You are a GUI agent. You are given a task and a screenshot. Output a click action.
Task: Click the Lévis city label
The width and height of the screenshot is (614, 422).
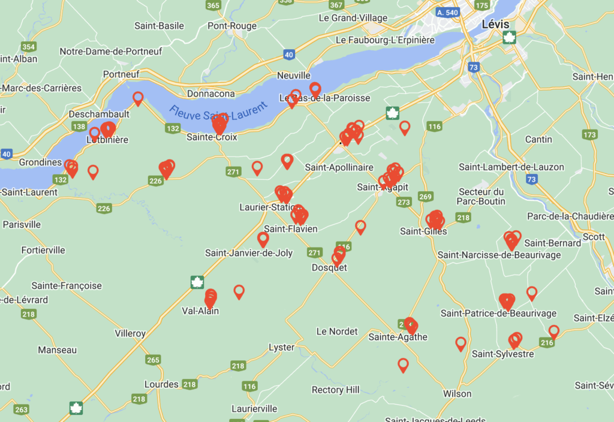coord(495,24)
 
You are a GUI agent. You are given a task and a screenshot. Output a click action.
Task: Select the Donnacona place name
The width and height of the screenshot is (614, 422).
coord(211,94)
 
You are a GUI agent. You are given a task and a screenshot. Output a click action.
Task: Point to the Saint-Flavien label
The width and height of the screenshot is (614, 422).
coord(291,229)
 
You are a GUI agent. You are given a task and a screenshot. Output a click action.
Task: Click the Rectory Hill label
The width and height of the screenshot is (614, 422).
coord(335,390)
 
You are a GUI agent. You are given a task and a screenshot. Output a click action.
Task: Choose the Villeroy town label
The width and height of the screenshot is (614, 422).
coord(130,333)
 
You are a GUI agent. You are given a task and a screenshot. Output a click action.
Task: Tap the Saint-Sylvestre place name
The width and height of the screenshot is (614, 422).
coord(502,354)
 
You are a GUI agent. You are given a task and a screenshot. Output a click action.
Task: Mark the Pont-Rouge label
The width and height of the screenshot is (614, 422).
coord(232,26)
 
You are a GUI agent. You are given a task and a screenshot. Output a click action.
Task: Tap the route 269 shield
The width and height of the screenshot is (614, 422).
coord(426,197)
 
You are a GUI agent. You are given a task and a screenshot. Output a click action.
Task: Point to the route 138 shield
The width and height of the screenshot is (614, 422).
coord(79,126)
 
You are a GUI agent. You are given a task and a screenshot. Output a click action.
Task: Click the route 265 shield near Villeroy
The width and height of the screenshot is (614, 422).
coord(153,360)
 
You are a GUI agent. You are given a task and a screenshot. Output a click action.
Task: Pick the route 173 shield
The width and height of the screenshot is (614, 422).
coord(589,135)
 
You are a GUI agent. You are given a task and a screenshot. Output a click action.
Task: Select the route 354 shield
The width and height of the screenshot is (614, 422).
coord(28,47)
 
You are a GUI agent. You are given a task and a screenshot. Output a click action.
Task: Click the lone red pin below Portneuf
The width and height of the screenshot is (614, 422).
coord(138,98)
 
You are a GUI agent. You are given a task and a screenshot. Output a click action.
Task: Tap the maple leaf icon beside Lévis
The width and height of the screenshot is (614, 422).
coord(510,38)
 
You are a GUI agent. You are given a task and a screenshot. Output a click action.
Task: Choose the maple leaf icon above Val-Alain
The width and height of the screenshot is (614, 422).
coord(197,282)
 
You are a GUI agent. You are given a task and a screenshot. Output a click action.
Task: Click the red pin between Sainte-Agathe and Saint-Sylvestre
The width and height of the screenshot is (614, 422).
coord(460,343)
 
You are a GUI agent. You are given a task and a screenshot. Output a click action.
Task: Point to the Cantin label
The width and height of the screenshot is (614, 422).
coord(538,139)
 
